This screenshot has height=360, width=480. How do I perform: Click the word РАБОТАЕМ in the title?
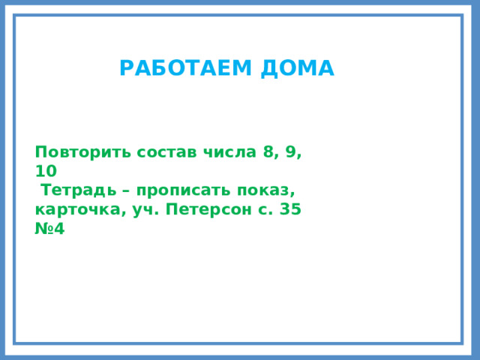187,69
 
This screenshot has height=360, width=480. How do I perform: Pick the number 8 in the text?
268,151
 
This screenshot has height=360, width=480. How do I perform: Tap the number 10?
46,171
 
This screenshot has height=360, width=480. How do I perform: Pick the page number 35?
289,210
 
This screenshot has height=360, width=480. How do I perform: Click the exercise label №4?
49,229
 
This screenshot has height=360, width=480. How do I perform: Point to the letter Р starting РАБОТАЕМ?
125,69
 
